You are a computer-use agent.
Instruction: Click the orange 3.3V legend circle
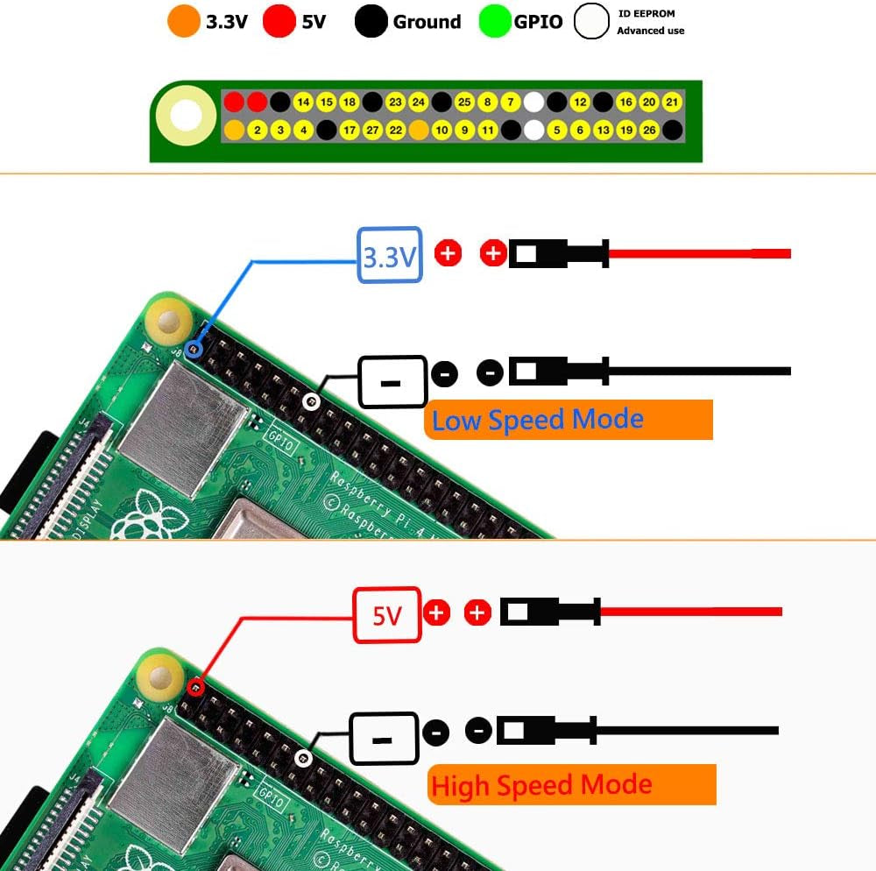[184, 21]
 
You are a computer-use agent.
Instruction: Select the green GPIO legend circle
[495, 21]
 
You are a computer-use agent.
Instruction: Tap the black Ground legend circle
[371, 21]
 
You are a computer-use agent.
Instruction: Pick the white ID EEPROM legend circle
[591, 22]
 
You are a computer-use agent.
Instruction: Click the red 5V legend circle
[279, 21]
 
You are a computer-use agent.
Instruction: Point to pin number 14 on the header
[303, 103]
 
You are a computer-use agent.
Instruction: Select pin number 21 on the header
[672, 103]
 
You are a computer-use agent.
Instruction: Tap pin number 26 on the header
[649, 131]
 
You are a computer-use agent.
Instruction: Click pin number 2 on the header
[257, 131]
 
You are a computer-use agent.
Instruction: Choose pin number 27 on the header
[372, 131]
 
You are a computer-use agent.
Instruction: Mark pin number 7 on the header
[511, 103]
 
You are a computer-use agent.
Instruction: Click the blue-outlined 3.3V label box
[390, 255]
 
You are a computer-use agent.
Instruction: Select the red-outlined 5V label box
[386, 615]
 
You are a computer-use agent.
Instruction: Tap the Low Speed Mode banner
[569, 420]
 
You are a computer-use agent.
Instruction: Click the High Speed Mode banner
[572, 785]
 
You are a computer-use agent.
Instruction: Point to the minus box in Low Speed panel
[392, 382]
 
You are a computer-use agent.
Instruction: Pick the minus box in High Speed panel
[383, 738]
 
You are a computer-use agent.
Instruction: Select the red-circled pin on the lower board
[195, 688]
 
